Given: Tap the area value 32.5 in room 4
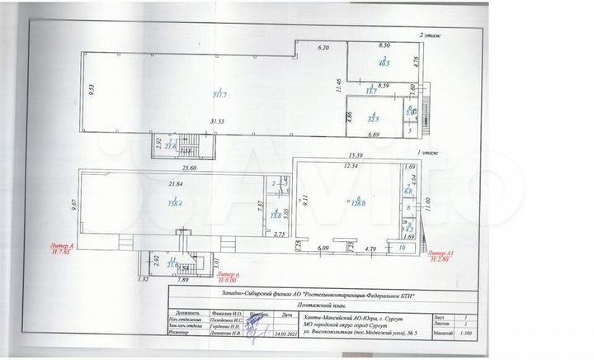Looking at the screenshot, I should [373, 119].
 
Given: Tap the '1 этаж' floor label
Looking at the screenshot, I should [428, 154].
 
